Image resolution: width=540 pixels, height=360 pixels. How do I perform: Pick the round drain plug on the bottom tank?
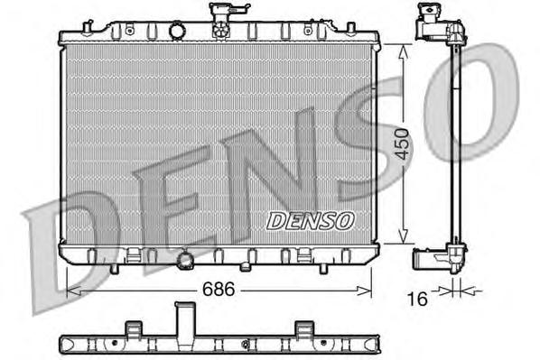[x=187, y=261]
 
